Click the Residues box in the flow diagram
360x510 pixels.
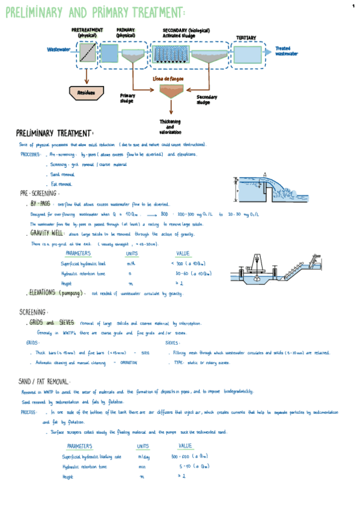coord(87,93)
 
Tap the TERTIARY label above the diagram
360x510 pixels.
coord(246,38)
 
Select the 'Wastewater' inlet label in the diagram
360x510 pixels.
coord(58,49)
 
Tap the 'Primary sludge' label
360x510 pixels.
coord(127,98)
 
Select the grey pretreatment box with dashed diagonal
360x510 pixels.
coord(88,53)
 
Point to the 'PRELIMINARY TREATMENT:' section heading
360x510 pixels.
coord(55,133)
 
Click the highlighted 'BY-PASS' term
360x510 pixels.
coord(40,203)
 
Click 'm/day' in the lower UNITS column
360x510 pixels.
coord(143,456)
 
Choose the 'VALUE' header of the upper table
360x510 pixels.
coord(183,253)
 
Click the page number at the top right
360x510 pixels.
coord(353,5)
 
